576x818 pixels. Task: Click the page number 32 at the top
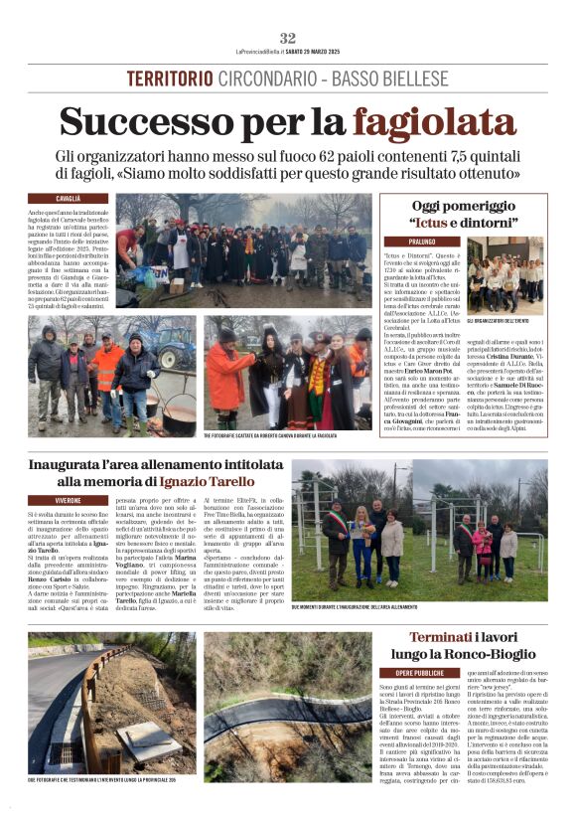288,38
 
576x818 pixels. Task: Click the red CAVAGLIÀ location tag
68,199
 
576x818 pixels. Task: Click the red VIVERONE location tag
69,499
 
